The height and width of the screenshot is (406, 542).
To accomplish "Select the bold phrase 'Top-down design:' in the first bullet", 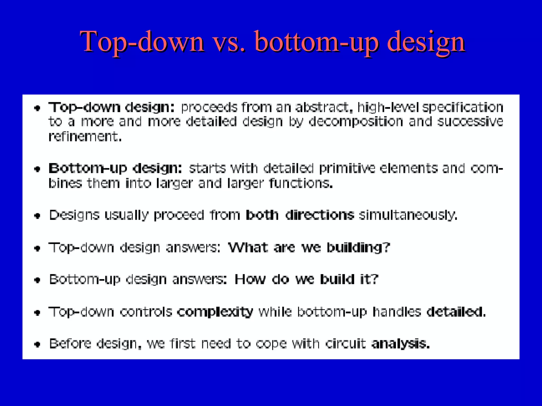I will click(111, 108).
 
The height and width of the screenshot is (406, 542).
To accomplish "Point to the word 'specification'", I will click(463, 108).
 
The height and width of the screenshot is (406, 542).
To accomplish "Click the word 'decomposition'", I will click(356, 122).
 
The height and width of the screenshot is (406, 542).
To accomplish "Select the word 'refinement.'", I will click(85, 137).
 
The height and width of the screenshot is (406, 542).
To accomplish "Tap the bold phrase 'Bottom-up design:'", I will click(115, 169).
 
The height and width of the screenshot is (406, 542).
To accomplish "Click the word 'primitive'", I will click(347, 169).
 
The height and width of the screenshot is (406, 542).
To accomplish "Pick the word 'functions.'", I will click(301, 183).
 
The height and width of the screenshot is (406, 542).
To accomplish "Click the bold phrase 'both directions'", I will click(300, 215).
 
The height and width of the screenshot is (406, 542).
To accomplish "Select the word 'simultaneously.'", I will click(408, 215).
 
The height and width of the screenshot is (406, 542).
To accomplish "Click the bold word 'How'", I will click(250, 279).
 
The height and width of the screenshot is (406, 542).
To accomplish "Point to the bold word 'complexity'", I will click(215, 312).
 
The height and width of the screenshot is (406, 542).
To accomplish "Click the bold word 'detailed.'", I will click(456, 312).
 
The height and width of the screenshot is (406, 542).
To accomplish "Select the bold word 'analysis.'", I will click(400, 344).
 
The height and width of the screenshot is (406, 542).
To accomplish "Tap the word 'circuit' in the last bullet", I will click(345, 344).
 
